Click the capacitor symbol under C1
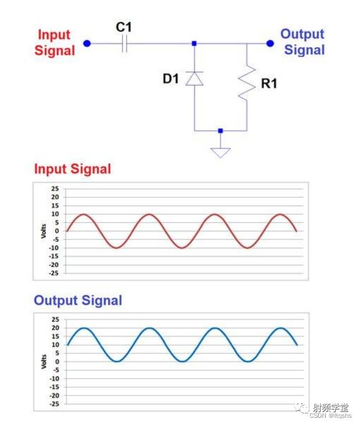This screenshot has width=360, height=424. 124,44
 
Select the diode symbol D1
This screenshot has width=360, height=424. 194,78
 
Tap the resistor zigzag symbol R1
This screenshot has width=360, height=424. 247,83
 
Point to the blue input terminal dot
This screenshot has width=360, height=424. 87,43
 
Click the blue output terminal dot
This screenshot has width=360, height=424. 270,43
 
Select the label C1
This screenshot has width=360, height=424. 124,26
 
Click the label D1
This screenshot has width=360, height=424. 171,79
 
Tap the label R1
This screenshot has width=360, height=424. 269,85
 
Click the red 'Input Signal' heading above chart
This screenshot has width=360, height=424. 73,169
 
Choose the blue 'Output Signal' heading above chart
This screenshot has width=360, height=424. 78,300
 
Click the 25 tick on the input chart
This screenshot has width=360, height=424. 55,189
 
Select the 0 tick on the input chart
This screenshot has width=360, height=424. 57,231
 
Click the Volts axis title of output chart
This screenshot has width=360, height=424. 43,361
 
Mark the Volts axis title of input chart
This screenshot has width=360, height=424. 43,231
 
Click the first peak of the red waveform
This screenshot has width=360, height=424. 83,214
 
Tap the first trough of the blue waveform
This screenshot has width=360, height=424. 116,361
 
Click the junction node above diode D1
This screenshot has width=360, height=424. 194,43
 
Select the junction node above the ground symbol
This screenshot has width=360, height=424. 220,131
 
